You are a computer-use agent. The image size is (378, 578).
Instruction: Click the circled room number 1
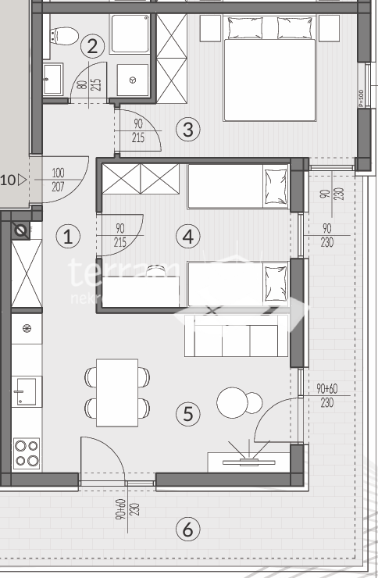[69, 236]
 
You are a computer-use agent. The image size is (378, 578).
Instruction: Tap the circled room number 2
[92, 46]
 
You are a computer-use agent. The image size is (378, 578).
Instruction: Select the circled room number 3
[187, 129]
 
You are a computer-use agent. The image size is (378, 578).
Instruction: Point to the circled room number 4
[187, 235]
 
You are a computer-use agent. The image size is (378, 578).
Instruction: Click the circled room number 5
[187, 413]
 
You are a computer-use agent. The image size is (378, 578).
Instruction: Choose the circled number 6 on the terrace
[187, 530]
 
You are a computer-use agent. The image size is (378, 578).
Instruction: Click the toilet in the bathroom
[61, 36]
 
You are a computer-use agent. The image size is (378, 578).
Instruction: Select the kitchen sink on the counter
[27, 390]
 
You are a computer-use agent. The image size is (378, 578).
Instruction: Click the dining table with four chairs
[117, 393]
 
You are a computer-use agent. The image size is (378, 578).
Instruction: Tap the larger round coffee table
[232, 403]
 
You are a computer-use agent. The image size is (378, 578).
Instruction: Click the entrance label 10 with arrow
[12, 180]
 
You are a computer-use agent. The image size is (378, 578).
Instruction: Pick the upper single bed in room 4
[237, 187]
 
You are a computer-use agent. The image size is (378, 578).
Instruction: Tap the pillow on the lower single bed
[275, 279]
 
